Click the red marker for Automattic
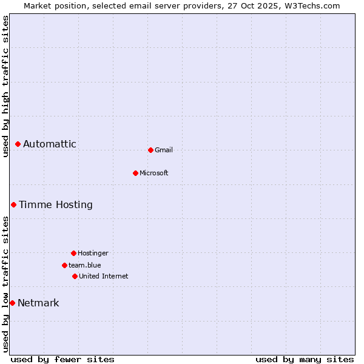(x=18, y=144)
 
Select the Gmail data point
(x=150, y=150)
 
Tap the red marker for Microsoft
(x=135, y=173)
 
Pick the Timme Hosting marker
(x=13, y=204)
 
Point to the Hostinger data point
(x=73, y=253)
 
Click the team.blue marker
(x=64, y=265)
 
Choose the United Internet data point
(x=75, y=276)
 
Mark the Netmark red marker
(x=12, y=303)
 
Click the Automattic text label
(x=50, y=144)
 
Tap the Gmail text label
(x=164, y=150)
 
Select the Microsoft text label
(x=154, y=174)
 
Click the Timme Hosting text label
(x=56, y=205)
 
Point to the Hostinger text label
(x=93, y=254)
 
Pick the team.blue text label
(x=85, y=266)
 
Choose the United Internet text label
(x=104, y=277)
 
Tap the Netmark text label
(x=38, y=303)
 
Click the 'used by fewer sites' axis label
(x=62, y=359)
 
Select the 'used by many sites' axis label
(x=305, y=359)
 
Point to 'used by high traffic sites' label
(x=5, y=86)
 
